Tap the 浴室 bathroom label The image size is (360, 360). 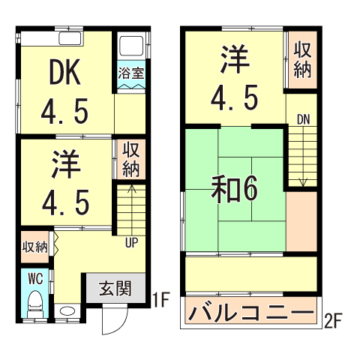(130, 73)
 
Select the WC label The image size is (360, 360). (34, 277)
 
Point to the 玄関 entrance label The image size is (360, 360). (115, 288)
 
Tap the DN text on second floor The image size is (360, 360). (302, 119)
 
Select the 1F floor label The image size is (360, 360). (157, 301)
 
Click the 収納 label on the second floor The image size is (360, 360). (302, 60)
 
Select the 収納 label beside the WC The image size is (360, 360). (34, 246)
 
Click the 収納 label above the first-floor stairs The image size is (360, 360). (130, 158)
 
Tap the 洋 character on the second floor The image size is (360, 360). (234, 59)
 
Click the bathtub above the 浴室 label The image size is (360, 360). (130, 47)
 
